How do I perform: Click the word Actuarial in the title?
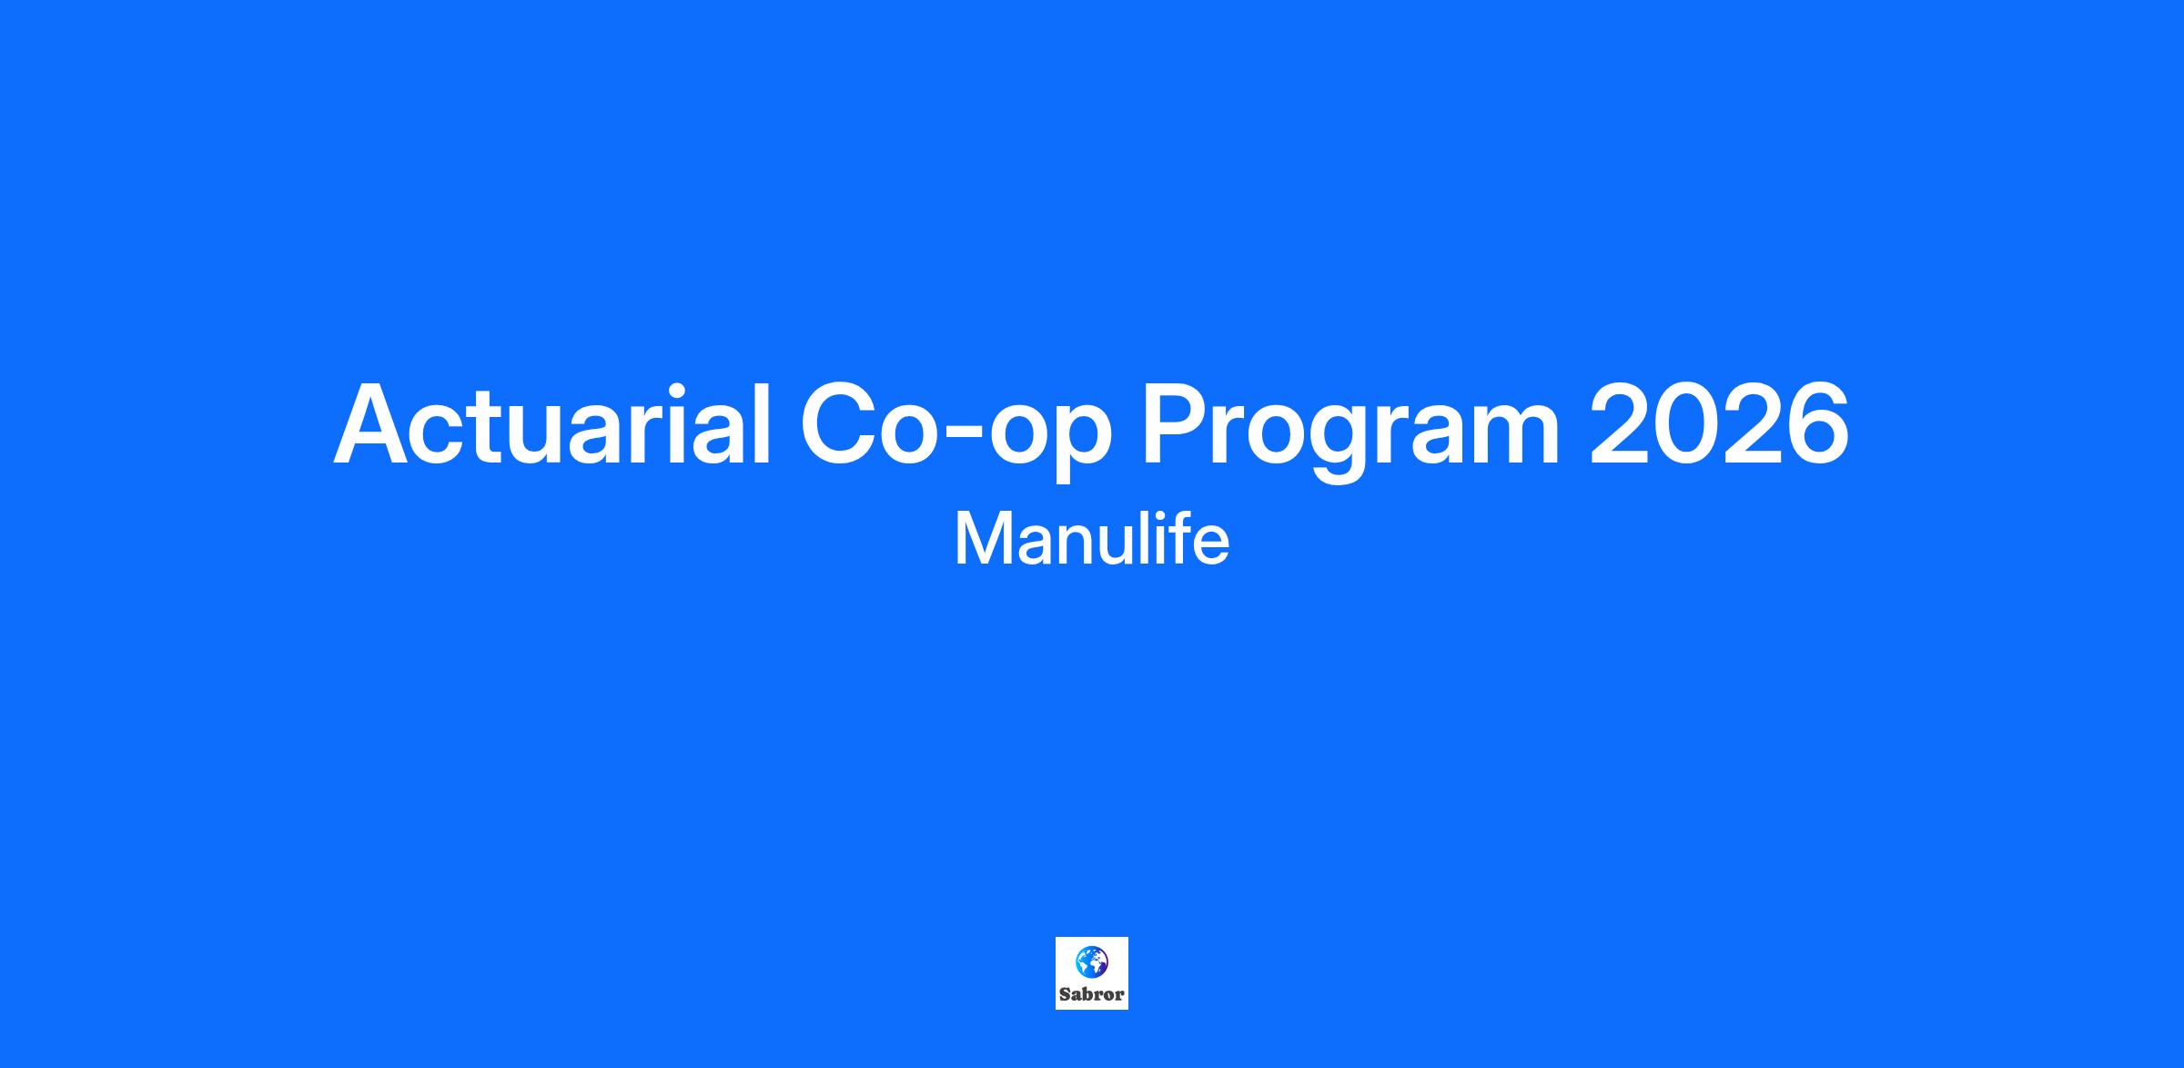(x=553, y=424)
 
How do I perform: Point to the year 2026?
(x=1719, y=423)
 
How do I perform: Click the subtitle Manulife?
(x=1092, y=538)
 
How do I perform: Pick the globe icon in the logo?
(x=1091, y=961)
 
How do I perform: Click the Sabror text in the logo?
(x=1092, y=994)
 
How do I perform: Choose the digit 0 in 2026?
(x=1686, y=424)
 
